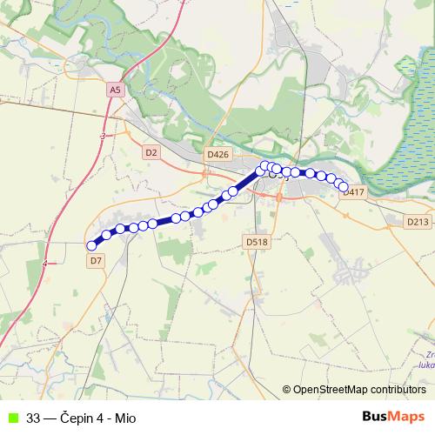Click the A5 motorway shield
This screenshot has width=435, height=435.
pos(116,90)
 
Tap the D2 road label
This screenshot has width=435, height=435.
pos(151,152)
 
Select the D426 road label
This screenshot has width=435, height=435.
pos(217,154)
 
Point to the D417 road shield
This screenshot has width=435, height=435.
pos(353,192)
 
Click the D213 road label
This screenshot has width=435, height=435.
pos(418,223)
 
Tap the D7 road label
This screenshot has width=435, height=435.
pos(96,259)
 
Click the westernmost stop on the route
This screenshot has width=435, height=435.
pos(92,245)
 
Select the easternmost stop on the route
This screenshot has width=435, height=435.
pos(343,186)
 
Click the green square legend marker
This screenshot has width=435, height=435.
pos(11,417)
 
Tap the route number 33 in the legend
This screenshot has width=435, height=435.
pos(34,417)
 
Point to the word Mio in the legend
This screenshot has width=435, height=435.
pos(125,417)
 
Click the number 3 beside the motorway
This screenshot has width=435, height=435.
pos(103,137)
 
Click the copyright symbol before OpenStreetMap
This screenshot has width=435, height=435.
pos(287,390)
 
